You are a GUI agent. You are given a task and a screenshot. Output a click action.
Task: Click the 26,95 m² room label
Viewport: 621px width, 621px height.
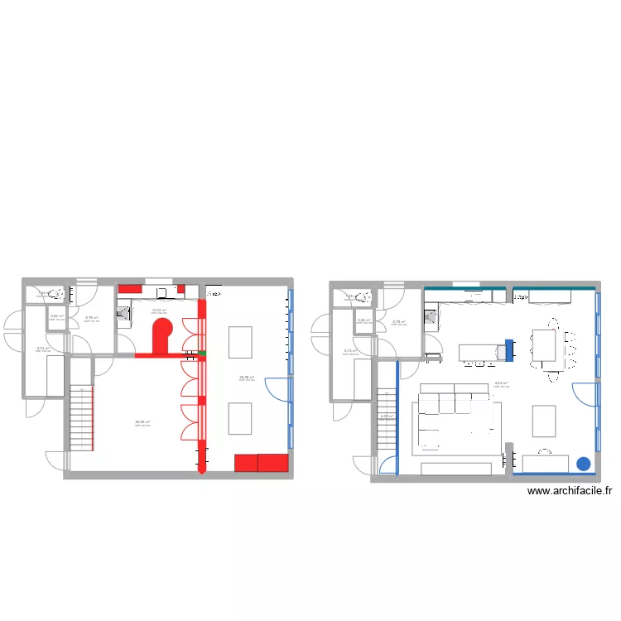[x=142, y=422]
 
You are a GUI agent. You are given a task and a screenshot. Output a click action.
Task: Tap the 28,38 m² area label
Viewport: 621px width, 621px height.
[x=246, y=377]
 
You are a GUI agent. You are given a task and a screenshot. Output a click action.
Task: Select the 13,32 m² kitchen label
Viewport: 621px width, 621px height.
[x=158, y=310]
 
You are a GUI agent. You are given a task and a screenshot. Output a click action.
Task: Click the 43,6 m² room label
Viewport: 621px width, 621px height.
[x=500, y=383]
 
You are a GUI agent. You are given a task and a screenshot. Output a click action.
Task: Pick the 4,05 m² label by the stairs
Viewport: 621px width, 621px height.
[x=385, y=416]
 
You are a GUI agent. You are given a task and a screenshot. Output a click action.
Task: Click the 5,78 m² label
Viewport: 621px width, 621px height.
[x=398, y=322]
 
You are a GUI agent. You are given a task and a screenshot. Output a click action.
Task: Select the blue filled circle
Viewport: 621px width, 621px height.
[x=584, y=465]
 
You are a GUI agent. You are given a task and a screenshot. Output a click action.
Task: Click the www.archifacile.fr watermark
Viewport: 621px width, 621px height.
[x=569, y=491]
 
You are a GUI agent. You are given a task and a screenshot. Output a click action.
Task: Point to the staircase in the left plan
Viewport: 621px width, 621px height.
[x=79, y=417]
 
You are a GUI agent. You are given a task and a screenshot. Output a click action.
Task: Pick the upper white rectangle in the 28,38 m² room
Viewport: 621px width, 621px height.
[x=240, y=341]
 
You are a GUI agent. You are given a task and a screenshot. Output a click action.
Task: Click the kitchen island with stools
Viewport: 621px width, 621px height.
[x=481, y=354]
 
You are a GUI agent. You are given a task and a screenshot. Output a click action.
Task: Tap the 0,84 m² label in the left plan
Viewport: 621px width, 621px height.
[x=56, y=315]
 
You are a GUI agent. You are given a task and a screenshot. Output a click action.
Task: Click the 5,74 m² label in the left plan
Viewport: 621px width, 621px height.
[x=42, y=349]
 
